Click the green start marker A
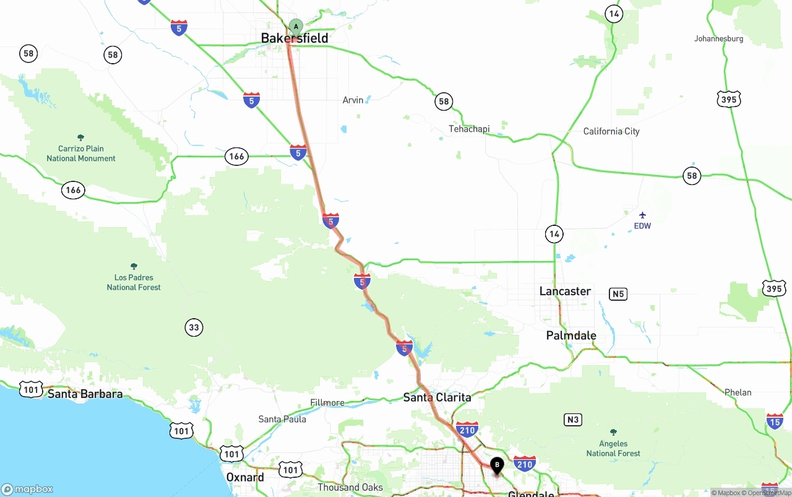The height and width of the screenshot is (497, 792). pyautogui.click(x=296, y=27)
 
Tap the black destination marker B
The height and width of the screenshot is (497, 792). pyautogui.click(x=497, y=465)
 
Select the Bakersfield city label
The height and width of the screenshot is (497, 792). pyautogui.click(x=295, y=38)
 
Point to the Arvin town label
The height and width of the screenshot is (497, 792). pyautogui.click(x=353, y=100)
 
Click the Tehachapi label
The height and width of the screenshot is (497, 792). pyautogui.click(x=469, y=129)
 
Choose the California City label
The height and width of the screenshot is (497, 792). pyautogui.click(x=611, y=131)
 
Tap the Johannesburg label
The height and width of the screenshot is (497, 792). pyautogui.click(x=718, y=38)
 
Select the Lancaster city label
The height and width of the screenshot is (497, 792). pyautogui.click(x=565, y=291)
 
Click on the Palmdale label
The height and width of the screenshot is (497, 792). pyautogui.click(x=571, y=335)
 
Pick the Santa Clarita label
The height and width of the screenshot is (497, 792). pyautogui.click(x=437, y=397)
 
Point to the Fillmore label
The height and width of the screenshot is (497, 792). pyautogui.click(x=327, y=403)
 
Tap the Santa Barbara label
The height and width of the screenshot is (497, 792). pyautogui.click(x=85, y=394)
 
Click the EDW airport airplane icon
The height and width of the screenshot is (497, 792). pyautogui.click(x=642, y=215)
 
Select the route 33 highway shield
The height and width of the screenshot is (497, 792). pyautogui.click(x=194, y=327)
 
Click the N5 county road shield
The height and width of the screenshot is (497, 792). pyautogui.click(x=618, y=294)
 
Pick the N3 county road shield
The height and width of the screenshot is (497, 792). pyautogui.click(x=573, y=420)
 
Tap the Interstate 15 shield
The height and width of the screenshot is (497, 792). pyautogui.click(x=775, y=421)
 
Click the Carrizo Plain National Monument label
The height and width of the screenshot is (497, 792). pyautogui.click(x=81, y=153)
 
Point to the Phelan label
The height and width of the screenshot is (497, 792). pyautogui.click(x=738, y=392)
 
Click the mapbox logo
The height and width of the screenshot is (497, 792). pyautogui.click(x=27, y=489)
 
